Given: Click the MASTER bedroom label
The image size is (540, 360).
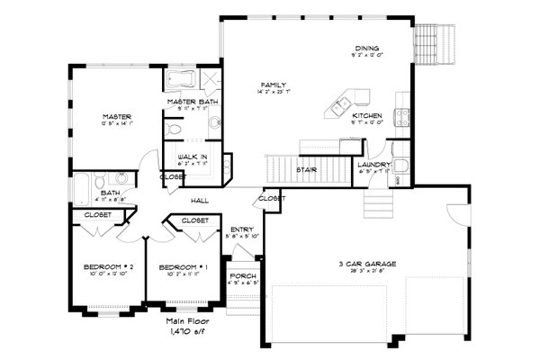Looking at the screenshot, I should (x=117, y=117).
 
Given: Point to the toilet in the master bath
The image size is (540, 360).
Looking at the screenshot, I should (x=175, y=130).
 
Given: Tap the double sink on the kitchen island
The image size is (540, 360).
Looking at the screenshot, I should (x=342, y=106).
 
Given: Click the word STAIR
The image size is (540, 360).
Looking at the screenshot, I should (x=305, y=168).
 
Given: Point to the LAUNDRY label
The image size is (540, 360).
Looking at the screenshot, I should (x=373, y=165).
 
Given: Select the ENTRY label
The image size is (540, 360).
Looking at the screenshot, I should (x=242, y=229).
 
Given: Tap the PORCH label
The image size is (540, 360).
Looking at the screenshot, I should (x=242, y=274).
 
